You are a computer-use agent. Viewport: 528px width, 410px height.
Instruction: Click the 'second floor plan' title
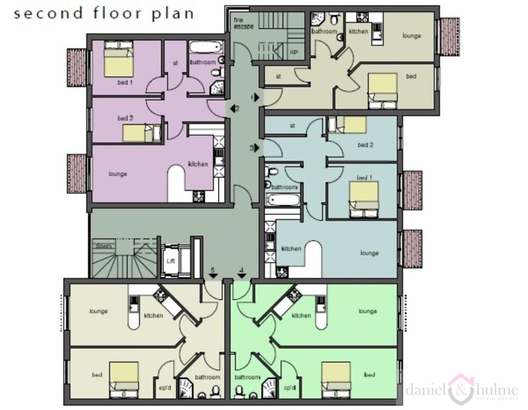tap(104, 13)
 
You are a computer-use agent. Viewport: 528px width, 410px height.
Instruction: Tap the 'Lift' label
tap(171, 261)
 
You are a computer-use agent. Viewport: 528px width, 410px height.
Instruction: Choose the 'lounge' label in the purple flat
tap(118, 174)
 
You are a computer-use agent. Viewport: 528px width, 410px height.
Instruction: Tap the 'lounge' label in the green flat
tap(367, 311)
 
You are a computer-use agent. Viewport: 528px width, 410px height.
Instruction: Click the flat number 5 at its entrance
tap(212, 271)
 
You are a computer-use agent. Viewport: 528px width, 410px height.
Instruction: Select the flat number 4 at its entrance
tap(241, 271)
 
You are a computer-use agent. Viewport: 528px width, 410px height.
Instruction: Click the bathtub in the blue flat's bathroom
tap(283, 200)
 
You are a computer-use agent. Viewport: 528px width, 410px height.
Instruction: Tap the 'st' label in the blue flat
tap(292, 125)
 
